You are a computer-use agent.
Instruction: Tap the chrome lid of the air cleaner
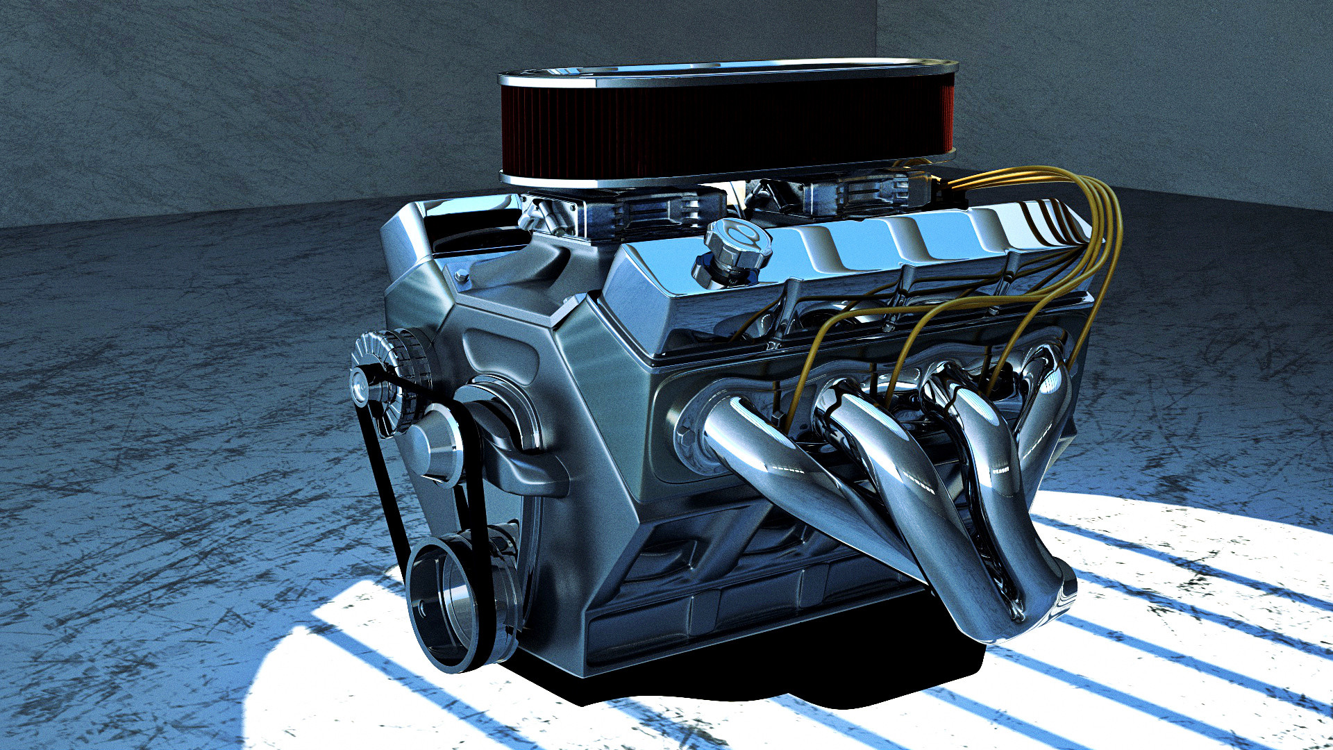click(x=729, y=72)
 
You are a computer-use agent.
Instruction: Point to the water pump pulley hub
click(x=434, y=444)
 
